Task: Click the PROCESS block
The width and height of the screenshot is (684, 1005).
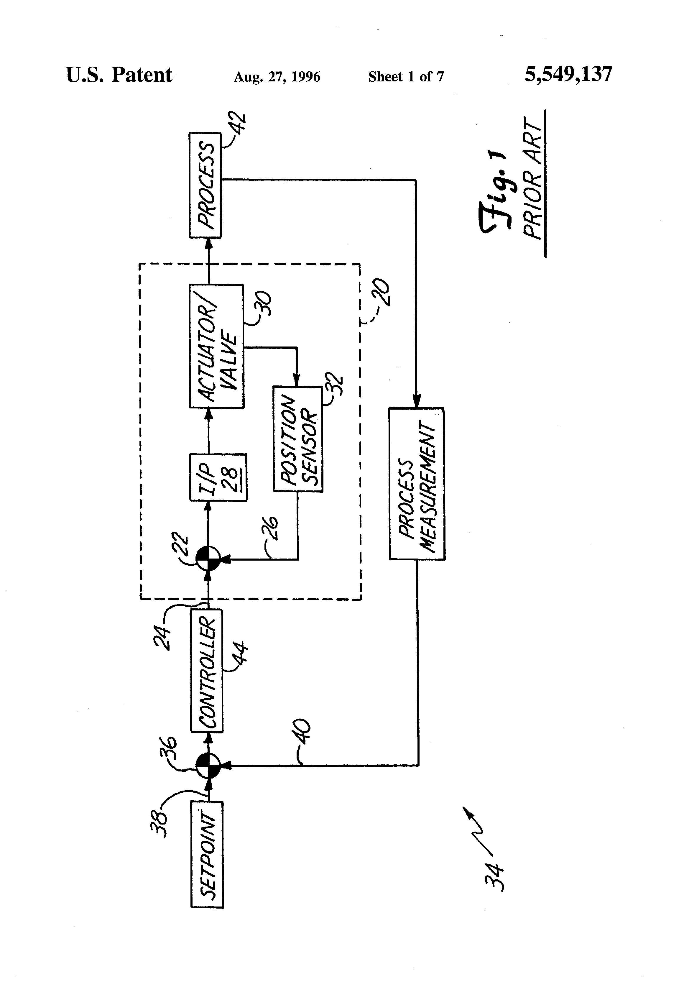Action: pos(205,185)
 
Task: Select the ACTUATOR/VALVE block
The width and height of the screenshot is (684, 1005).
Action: pos(217,346)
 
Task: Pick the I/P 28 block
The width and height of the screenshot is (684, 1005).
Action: pos(219,477)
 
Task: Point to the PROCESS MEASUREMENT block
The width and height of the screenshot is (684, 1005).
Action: pos(417,483)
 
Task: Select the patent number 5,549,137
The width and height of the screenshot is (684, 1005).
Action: pos(568,74)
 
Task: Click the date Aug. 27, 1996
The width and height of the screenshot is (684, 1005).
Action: pos(277,77)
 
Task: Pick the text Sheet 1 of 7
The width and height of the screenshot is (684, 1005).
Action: pos(406,77)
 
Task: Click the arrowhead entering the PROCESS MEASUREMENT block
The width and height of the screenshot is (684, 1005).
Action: pos(416,401)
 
